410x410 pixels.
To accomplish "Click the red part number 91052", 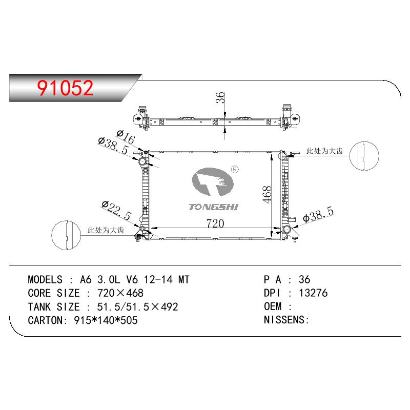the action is [x=65, y=88].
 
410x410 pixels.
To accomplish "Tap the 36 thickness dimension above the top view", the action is [x=221, y=97].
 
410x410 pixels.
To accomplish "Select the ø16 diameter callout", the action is [x=126, y=137].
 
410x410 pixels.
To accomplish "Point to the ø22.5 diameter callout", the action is [x=116, y=210].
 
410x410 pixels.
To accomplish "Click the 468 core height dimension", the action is [x=267, y=194].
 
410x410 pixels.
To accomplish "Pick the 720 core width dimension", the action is [x=215, y=223].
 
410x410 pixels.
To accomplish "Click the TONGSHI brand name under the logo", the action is [x=213, y=207].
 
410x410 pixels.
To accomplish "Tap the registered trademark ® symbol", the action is [x=235, y=170].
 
